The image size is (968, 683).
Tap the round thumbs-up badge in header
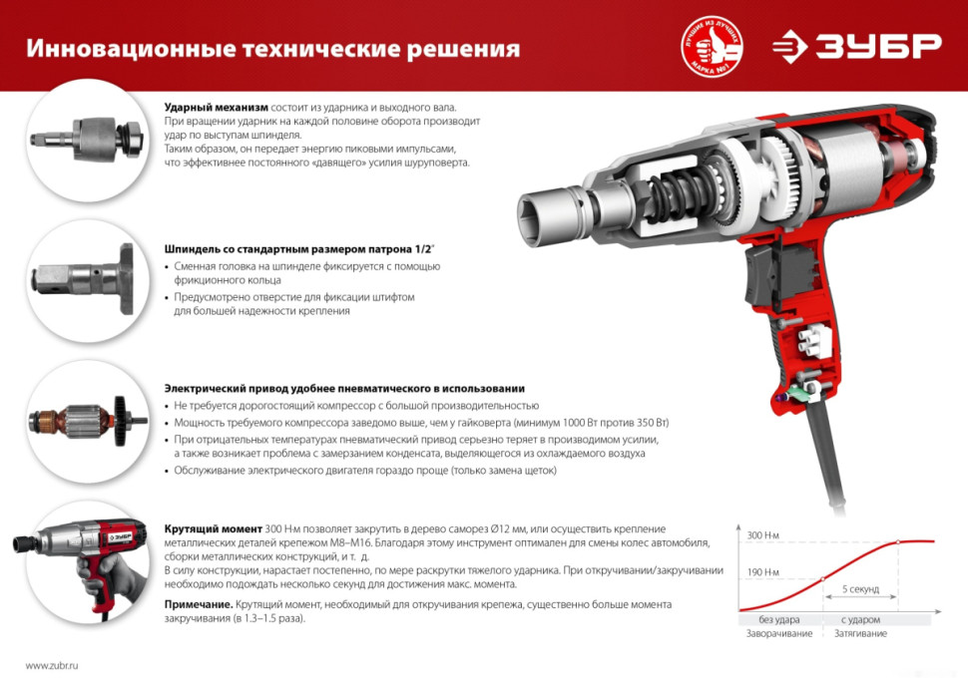click(x=712, y=46)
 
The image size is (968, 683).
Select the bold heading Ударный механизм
click(x=217, y=107)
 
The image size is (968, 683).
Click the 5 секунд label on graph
click(x=860, y=589)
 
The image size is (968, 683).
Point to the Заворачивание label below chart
click(x=778, y=634)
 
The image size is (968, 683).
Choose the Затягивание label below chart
click(x=860, y=634)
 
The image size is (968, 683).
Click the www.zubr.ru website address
click(x=53, y=665)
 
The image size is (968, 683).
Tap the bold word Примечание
click(x=199, y=604)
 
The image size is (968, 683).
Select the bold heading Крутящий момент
click(x=214, y=527)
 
